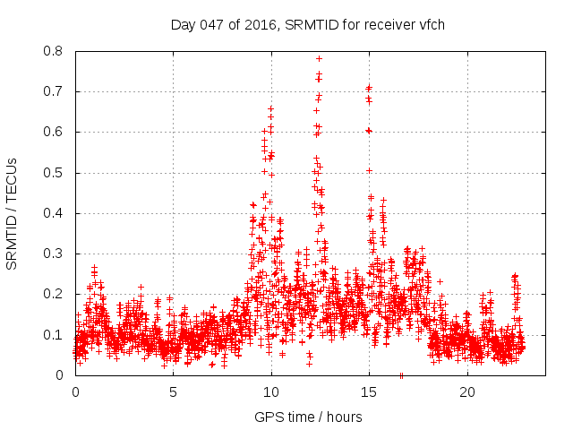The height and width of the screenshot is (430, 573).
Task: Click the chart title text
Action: click(307, 24)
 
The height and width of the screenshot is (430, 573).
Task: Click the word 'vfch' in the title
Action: click(431, 24)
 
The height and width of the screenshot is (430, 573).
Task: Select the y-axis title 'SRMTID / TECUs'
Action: click(13, 213)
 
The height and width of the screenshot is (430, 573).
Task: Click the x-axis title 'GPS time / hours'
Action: click(307, 417)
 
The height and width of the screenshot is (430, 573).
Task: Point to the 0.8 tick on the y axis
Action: click(56, 51)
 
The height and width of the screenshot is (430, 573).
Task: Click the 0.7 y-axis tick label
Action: click(56, 91)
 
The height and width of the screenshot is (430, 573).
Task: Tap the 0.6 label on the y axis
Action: click(56, 132)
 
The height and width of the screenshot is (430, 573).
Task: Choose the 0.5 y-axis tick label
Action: click(56, 173)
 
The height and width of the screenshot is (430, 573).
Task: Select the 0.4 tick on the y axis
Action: click(56, 213)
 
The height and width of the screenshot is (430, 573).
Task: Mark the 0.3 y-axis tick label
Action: click(56, 254)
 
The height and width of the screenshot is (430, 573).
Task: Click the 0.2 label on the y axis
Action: click(56, 294)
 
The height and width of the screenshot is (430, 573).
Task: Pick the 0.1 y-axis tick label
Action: click(56, 335)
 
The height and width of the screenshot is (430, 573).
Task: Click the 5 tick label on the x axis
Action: click(173, 392)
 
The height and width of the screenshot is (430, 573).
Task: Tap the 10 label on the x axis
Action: click(271, 392)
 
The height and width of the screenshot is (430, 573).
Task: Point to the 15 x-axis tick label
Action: click(369, 392)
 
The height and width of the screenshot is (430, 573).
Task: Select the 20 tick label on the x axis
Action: click(467, 392)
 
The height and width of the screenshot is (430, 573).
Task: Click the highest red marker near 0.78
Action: click(319, 58)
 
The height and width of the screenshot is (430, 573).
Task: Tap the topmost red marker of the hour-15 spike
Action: click(369, 87)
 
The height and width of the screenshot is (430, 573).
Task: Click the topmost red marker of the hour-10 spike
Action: click(270, 108)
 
